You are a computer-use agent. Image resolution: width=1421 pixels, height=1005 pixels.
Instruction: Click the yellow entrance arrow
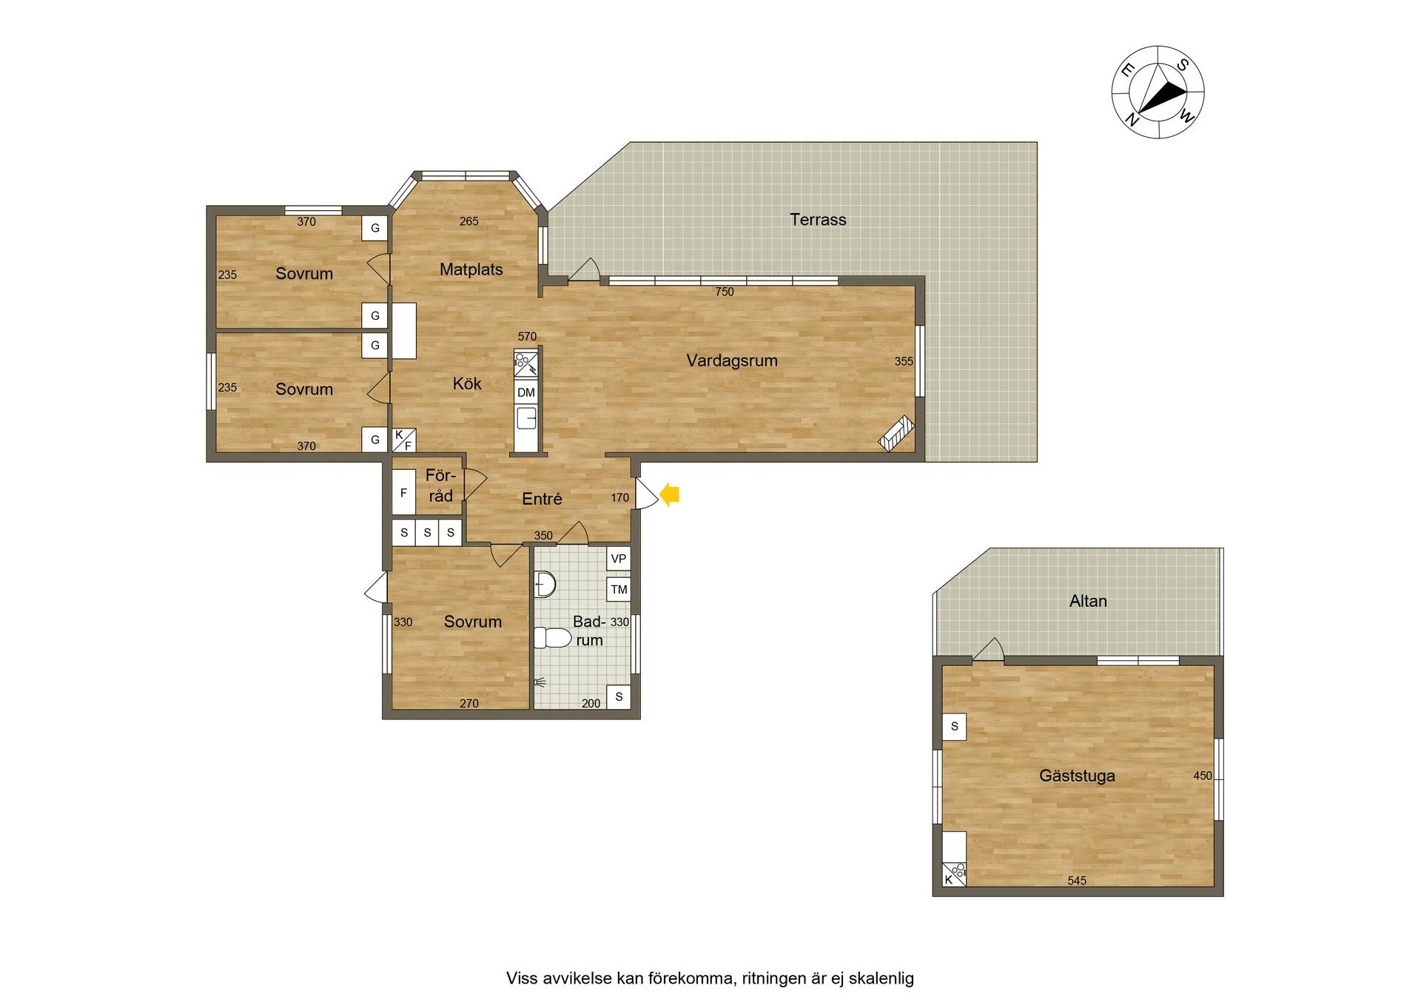[x=669, y=494]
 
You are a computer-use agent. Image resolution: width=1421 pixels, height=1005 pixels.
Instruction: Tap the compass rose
[x=1158, y=92]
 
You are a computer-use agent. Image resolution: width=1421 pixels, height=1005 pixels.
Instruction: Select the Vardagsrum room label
[x=731, y=360]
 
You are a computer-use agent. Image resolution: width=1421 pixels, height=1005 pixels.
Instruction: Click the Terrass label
[x=818, y=220]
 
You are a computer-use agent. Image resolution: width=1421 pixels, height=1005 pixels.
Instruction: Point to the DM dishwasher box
[x=526, y=392]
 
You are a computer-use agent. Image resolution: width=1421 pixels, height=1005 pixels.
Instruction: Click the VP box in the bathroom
[x=619, y=559]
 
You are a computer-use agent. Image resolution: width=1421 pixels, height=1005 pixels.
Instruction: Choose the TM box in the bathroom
[x=619, y=590]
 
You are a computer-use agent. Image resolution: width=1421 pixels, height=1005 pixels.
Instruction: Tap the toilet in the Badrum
[x=552, y=637]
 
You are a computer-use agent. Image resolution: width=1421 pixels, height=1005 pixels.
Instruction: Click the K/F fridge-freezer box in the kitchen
[x=403, y=440]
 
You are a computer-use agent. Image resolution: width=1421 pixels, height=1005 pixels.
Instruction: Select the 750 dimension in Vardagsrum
[x=725, y=292]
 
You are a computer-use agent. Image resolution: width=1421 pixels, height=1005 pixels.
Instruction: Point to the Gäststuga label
[x=1077, y=776]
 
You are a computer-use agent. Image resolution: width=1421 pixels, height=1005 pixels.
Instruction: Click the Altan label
[x=1088, y=601]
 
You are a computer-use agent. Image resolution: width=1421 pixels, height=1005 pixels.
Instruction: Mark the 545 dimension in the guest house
[x=1077, y=881]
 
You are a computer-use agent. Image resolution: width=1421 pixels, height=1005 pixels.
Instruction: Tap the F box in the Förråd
[x=403, y=492]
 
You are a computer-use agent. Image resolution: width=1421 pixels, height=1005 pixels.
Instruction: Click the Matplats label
[x=471, y=269]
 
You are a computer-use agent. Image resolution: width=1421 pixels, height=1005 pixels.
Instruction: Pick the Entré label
[x=542, y=499]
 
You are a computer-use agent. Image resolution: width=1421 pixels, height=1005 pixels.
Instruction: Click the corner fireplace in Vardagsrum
[x=896, y=434]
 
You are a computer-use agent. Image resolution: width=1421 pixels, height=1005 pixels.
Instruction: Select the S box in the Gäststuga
[x=954, y=727]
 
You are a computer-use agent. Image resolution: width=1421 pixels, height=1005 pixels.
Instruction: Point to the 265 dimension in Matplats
[x=468, y=221]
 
